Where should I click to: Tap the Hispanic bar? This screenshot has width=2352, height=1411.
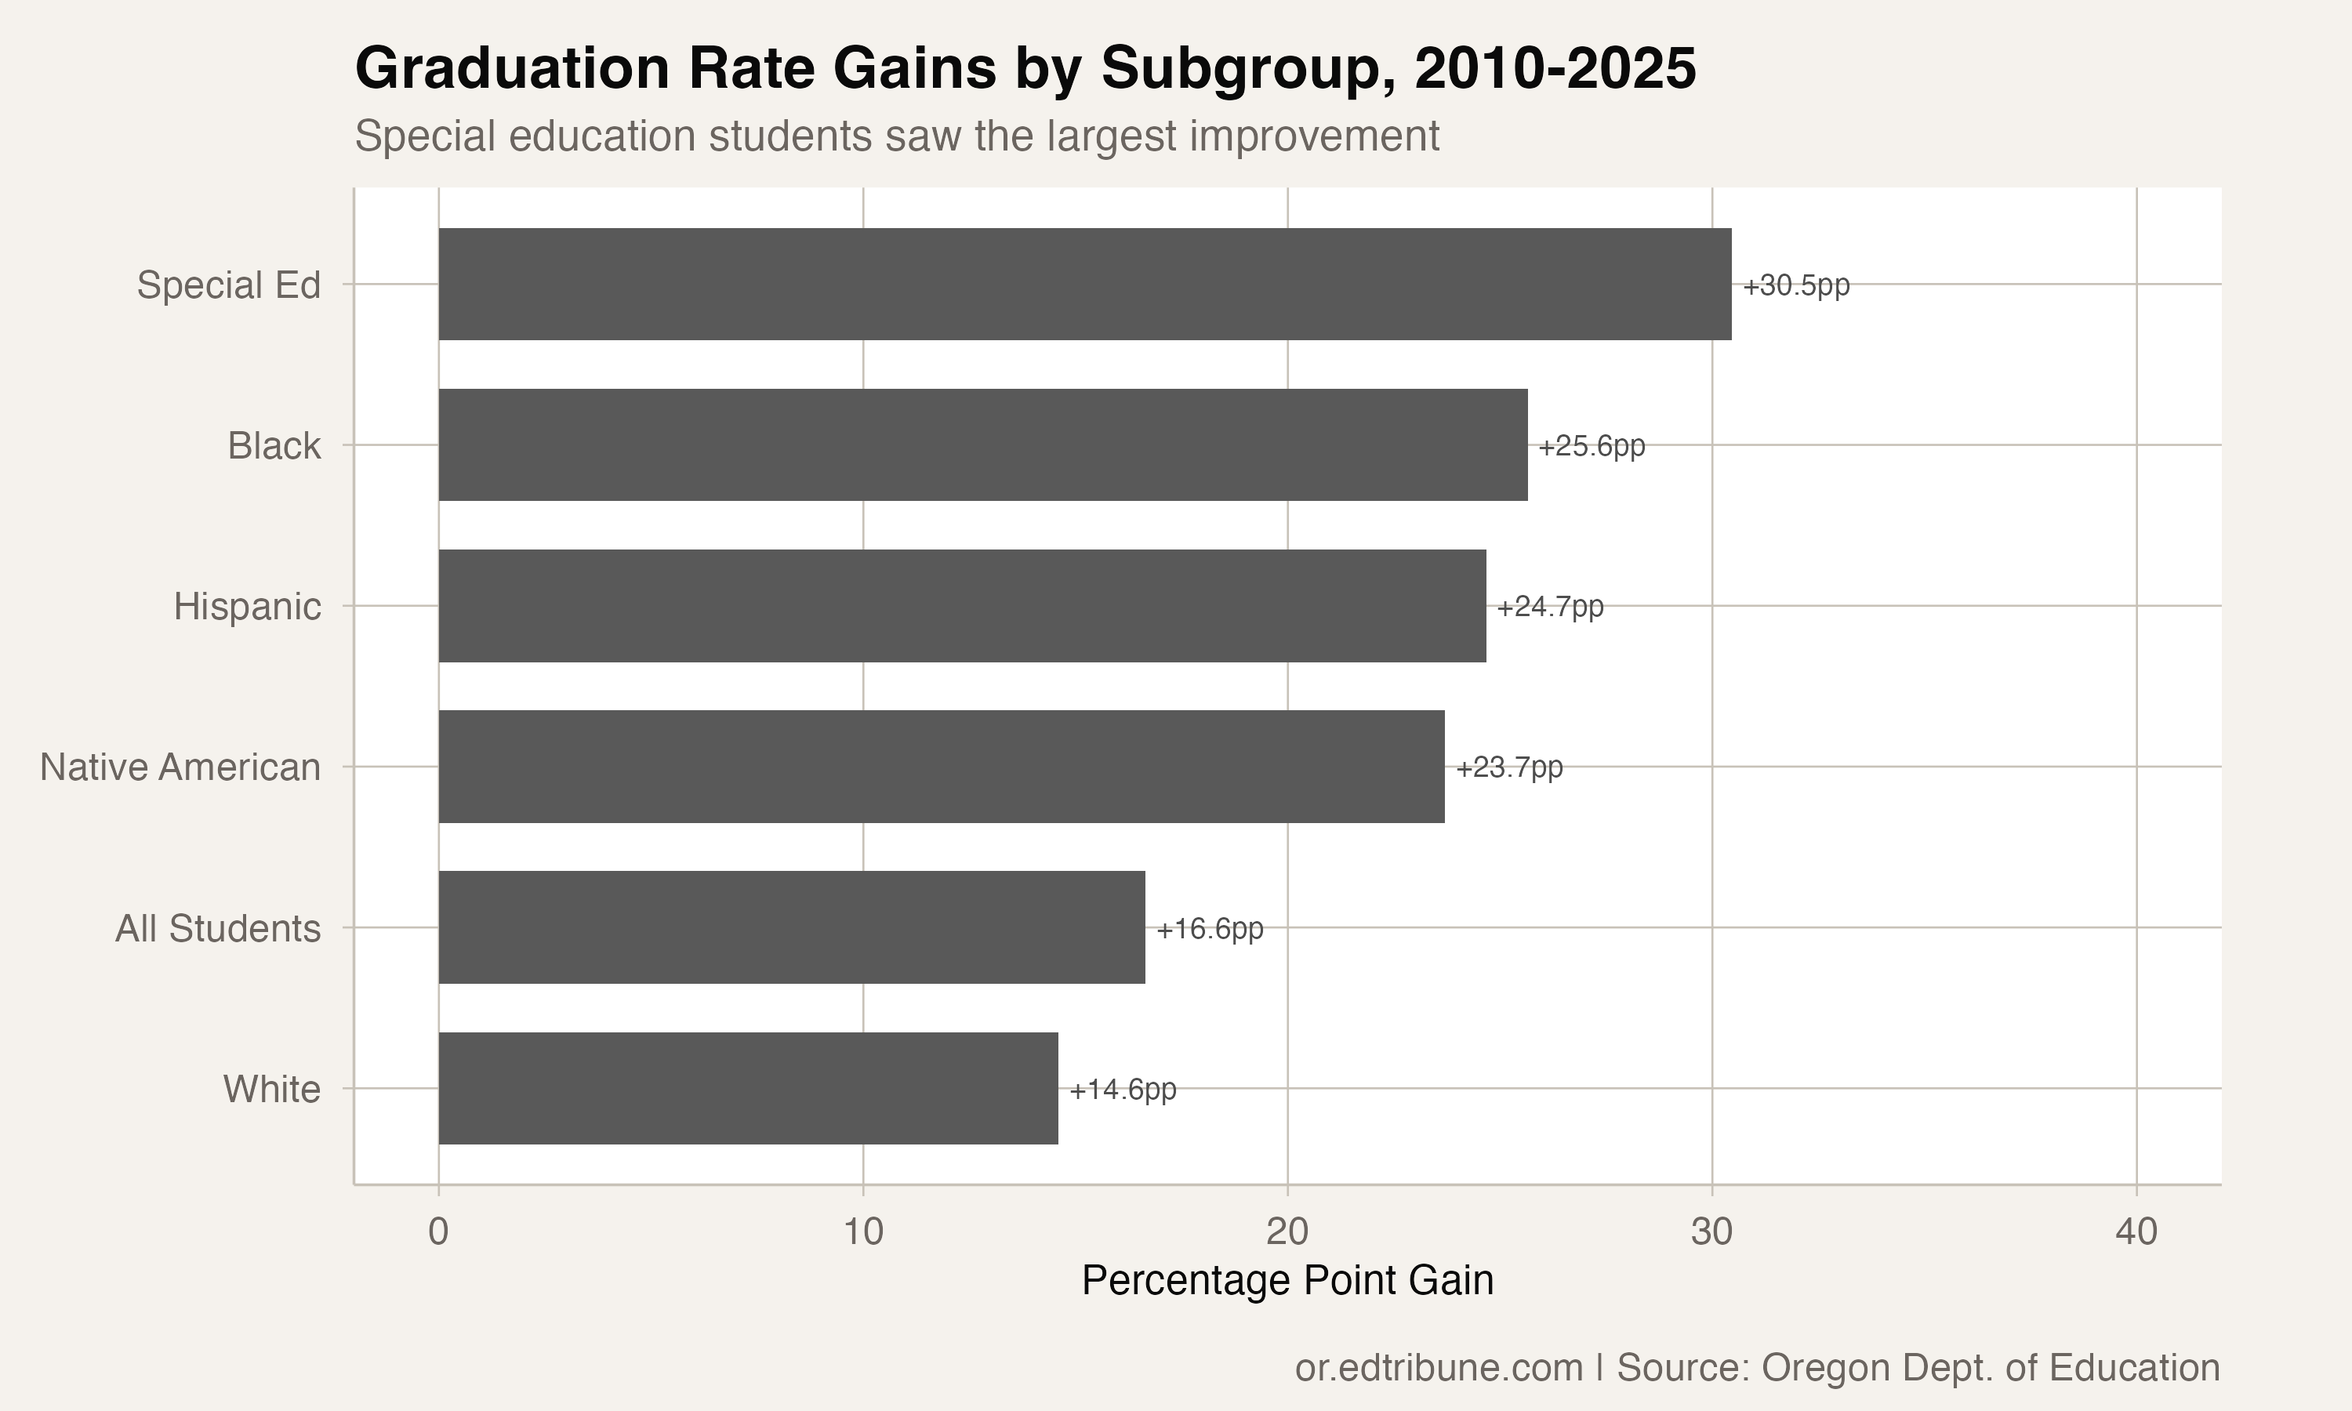pyautogui.click(x=961, y=606)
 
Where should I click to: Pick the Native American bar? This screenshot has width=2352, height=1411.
pyautogui.click(x=941, y=767)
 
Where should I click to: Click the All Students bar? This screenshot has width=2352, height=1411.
pyautogui.click(x=791, y=927)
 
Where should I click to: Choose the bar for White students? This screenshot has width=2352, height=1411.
pyautogui.click(x=747, y=1088)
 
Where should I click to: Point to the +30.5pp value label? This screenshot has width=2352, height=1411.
pyautogui.click(x=1796, y=285)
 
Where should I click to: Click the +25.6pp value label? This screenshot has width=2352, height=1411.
pyautogui.click(x=1592, y=446)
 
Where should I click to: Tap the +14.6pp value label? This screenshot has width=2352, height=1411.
pyautogui.click(x=1123, y=1090)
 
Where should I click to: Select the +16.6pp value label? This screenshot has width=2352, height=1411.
pyautogui.click(x=1209, y=929)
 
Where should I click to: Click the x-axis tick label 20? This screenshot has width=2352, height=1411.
pyautogui.click(x=1287, y=1232)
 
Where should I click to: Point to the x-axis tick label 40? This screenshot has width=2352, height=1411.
pyautogui.click(x=2136, y=1232)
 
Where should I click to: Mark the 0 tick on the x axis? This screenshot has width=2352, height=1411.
pyautogui.click(x=438, y=1232)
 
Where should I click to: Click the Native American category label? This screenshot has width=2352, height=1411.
pyautogui.click(x=180, y=767)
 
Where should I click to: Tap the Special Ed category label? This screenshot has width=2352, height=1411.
pyautogui.click(x=228, y=285)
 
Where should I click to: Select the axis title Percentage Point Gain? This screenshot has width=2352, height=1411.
pyautogui.click(x=1287, y=1281)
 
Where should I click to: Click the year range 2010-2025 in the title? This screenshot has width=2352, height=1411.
pyautogui.click(x=1555, y=70)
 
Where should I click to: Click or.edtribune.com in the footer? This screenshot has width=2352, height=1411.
pyautogui.click(x=1439, y=1367)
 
